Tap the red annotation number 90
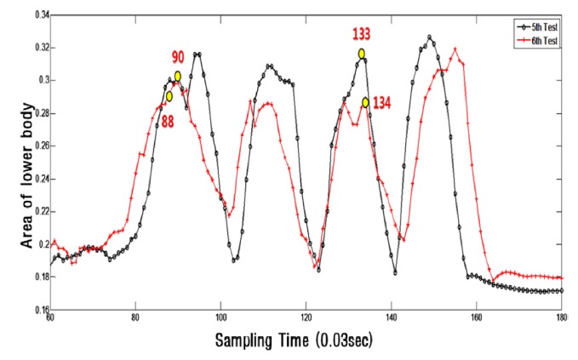pos(179,58)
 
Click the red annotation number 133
pos(362,34)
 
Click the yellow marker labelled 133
pos(362,54)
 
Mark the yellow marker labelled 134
pos(365,102)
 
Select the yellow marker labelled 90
pos(178,76)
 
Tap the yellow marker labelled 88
pos(169,96)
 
